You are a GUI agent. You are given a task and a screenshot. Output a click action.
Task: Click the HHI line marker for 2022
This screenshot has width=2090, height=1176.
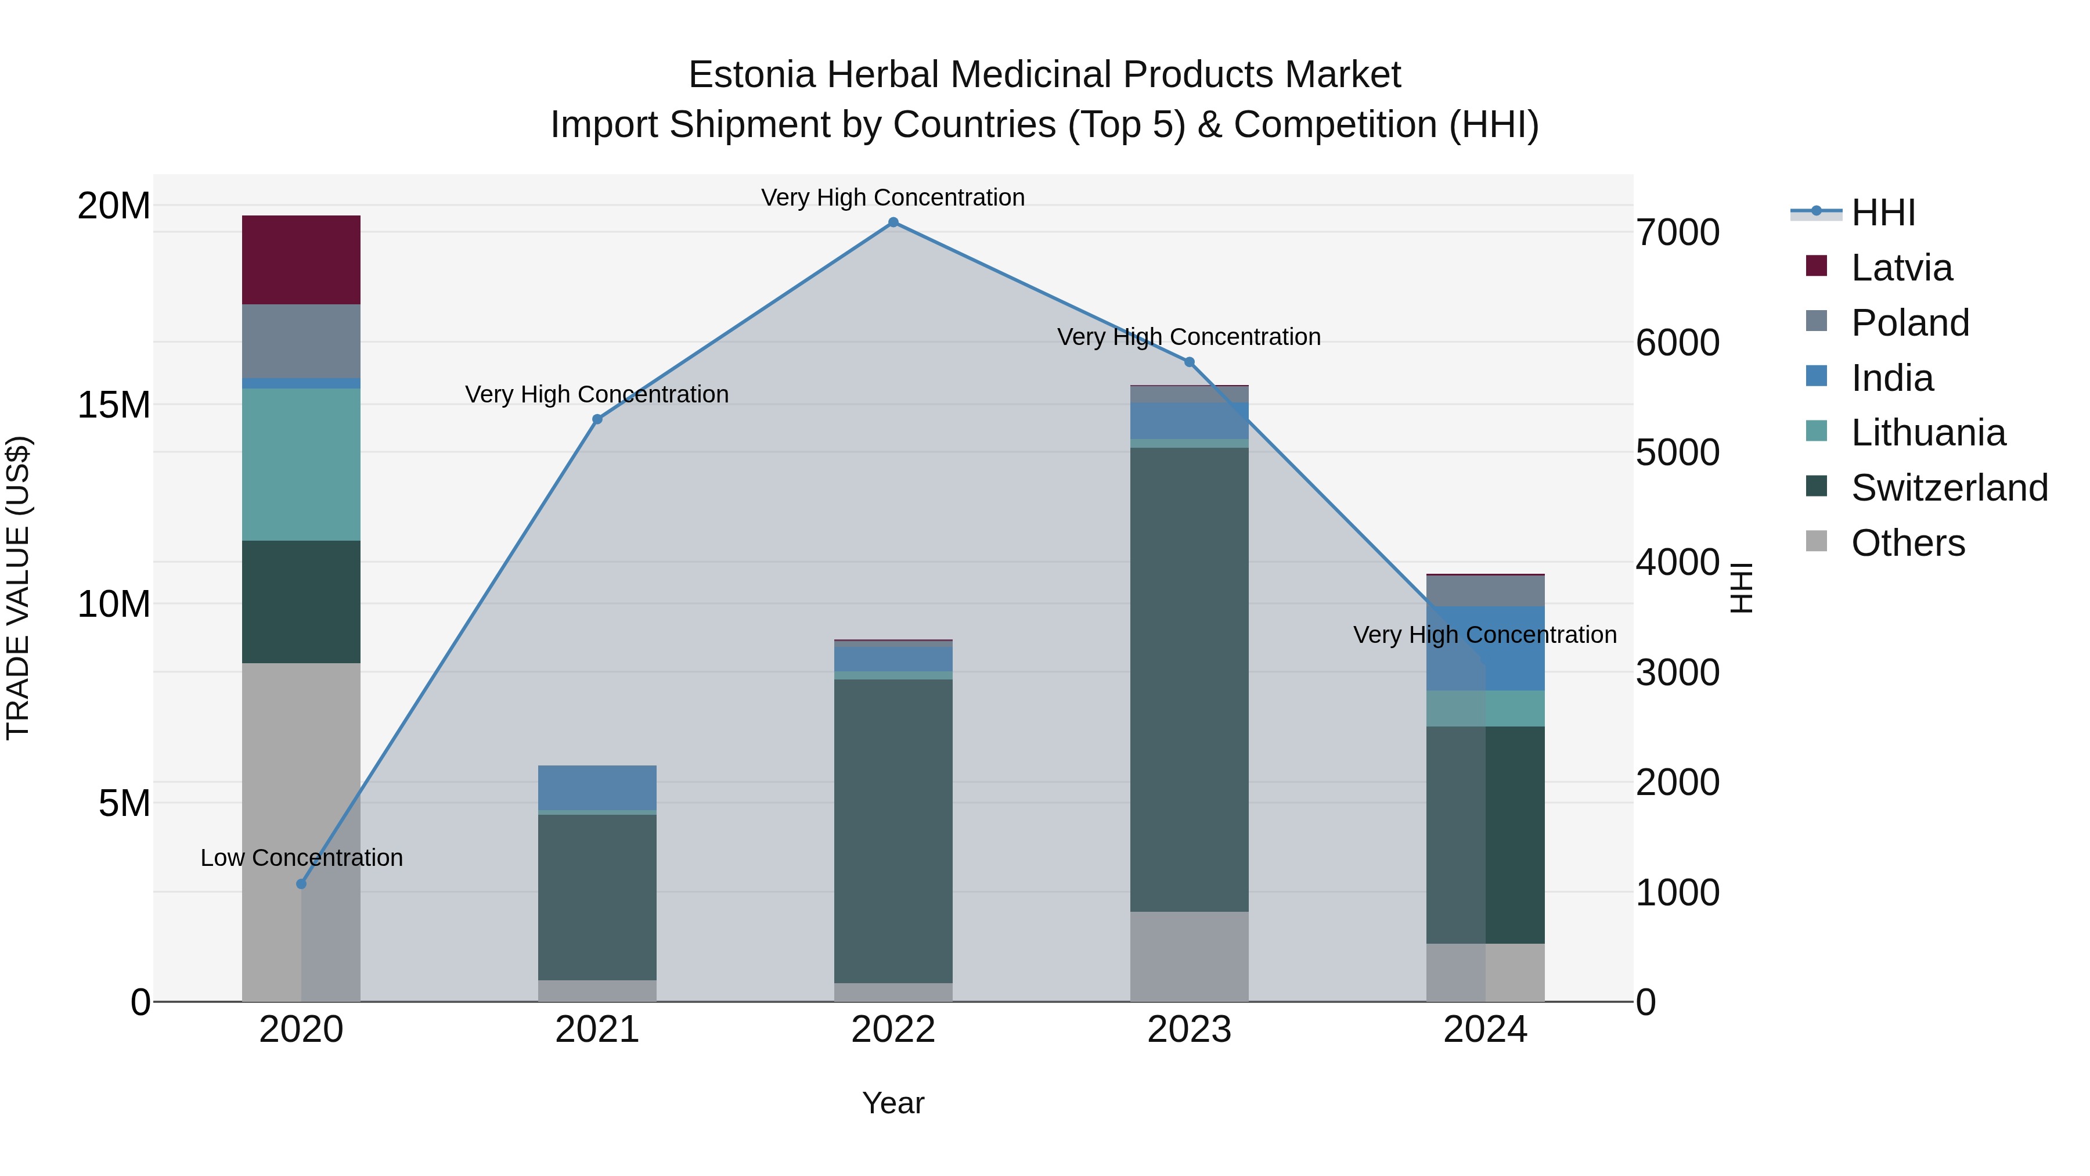(x=893, y=222)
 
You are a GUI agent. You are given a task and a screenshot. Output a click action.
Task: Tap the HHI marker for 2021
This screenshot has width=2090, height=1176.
(x=597, y=420)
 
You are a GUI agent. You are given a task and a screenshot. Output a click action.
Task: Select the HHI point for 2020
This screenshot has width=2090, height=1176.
(x=301, y=884)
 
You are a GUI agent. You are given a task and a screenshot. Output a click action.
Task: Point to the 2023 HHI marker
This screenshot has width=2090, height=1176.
(x=1190, y=362)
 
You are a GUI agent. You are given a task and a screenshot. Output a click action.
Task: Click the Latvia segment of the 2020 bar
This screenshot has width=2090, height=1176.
(x=301, y=260)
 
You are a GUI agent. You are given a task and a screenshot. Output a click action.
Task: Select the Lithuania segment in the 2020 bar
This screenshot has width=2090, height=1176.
(x=301, y=464)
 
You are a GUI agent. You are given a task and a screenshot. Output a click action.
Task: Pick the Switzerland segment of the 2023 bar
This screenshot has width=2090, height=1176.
(x=1190, y=679)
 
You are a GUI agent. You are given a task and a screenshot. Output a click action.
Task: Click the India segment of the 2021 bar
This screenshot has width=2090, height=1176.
(x=597, y=787)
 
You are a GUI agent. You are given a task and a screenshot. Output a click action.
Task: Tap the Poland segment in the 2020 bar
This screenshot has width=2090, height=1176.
(x=301, y=341)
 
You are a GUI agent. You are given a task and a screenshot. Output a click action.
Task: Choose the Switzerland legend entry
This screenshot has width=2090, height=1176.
(x=1949, y=488)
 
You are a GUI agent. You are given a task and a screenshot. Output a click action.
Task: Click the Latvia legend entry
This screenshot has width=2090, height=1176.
(x=1901, y=268)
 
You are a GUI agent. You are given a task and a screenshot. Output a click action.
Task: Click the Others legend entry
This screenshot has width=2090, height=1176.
(x=1908, y=543)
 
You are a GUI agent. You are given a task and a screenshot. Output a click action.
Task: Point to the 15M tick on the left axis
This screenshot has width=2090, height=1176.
(x=114, y=405)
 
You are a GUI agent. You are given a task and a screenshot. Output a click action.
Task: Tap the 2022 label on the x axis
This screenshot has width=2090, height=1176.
(x=893, y=1030)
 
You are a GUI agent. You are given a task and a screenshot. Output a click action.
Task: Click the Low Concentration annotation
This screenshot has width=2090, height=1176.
(x=301, y=858)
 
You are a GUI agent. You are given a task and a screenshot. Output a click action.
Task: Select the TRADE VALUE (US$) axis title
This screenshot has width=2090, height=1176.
(x=18, y=588)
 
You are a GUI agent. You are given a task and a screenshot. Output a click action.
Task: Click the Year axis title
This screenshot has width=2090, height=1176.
(x=893, y=1103)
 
